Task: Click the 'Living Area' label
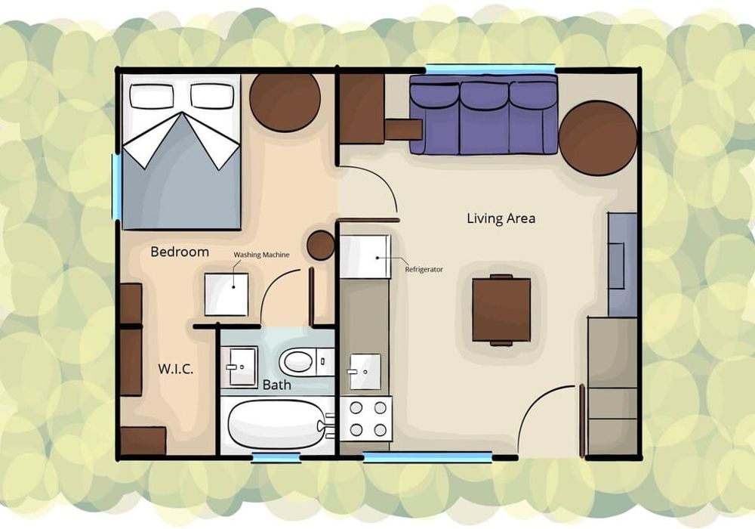point(501,218)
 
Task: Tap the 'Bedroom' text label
point(180,252)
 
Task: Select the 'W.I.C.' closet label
point(176,370)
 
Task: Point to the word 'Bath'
point(277,385)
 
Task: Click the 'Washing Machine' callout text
point(261,255)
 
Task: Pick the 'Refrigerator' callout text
point(424,269)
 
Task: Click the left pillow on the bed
point(151,96)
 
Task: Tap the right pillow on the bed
point(212,96)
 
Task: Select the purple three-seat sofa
point(483,115)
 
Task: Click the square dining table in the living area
point(501,310)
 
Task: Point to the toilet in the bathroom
point(307,362)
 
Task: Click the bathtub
point(278,424)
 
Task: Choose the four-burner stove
point(366,419)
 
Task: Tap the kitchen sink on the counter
point(365,372)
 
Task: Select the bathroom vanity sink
point(242,367)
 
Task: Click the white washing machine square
point(226,295)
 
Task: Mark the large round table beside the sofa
point(597,138)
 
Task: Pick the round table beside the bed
point(285,102)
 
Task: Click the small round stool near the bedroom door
point(321,245)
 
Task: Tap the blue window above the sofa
point(490,69)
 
